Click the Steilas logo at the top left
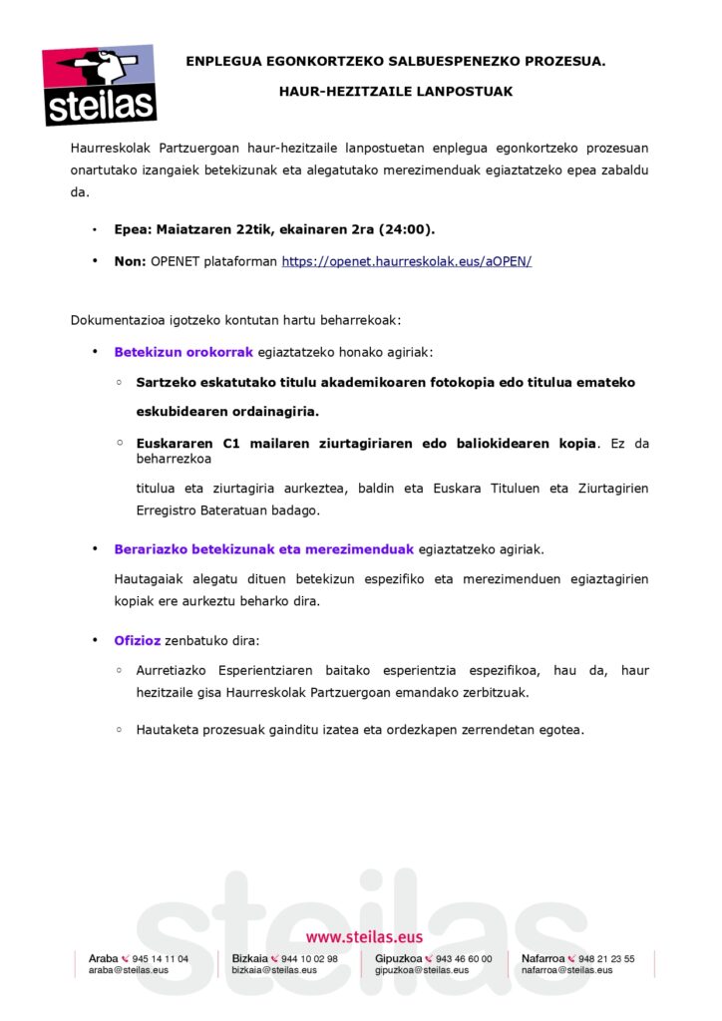[99, 86]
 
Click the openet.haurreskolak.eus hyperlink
[407, 261]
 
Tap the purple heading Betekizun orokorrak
[184, 352]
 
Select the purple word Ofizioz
[138, 640]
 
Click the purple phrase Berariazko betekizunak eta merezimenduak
[263, 549]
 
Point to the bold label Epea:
[133, 229]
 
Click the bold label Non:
[130, 261]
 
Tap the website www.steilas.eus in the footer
[364, 937]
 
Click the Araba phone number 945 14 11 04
[161, 959]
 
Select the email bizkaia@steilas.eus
[274, 970]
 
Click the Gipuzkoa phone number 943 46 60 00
[464, 959]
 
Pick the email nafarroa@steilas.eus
[567, 970]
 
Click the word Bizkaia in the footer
[249, 959]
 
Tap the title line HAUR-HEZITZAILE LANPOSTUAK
[396, 92]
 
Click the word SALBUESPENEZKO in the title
[442, 61]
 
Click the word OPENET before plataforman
[175, 261]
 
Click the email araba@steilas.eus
[129, 970]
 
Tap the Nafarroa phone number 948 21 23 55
[606, 959]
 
